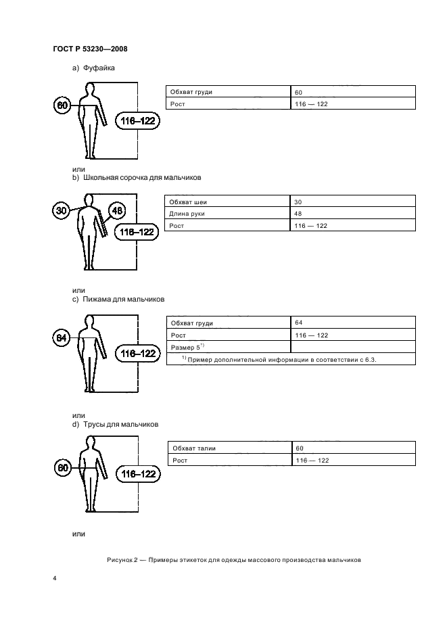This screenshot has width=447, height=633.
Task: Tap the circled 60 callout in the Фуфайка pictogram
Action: (62, 105)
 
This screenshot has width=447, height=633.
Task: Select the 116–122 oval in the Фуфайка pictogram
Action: (137, 121)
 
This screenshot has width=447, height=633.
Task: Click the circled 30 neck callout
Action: (62, 211)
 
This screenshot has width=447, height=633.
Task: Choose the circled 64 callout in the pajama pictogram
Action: (62, 337)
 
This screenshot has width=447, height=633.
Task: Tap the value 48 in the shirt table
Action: (299, 214)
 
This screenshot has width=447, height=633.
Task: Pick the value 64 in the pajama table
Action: (299, 323)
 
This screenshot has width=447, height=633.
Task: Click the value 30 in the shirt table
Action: (299, 202)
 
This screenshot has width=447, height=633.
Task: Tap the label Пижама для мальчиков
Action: (123, 298)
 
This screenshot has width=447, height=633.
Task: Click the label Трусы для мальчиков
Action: (120, 424)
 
